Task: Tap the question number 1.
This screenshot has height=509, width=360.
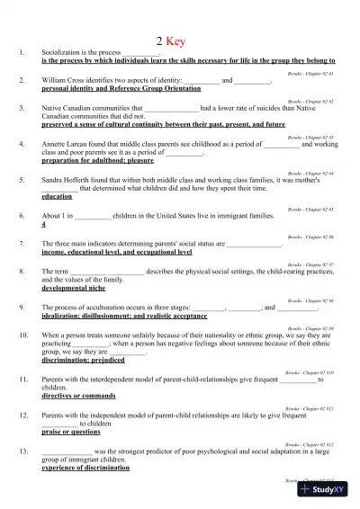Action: (21, 55)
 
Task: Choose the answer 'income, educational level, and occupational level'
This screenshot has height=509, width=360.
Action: (110, 253)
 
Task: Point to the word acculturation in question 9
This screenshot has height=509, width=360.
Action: (104, 307)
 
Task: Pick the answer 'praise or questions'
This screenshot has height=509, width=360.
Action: (74, 433)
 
